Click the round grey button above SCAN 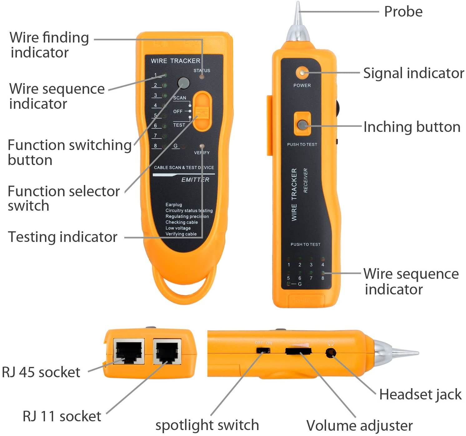pos(183,83)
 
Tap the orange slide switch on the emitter pos(202,111)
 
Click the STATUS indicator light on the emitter pos(202,76)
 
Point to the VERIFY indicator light pos(202,146)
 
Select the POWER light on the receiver pos(302,73)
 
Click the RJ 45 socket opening pos(129,351)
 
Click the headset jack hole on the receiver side pos(330,353)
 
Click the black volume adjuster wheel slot pos(298,351)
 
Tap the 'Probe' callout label pos(403,12)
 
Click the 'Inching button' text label pos(412,127)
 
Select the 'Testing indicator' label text pos(62,237)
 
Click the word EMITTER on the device pos(195,180)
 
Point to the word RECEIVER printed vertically pos(305,180)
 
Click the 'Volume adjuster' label pos(359,425)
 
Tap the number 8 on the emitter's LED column pos(156,146)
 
